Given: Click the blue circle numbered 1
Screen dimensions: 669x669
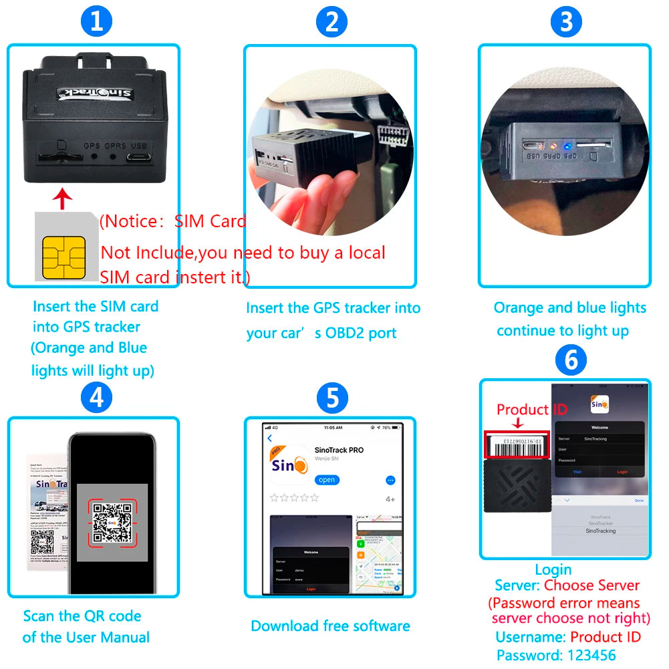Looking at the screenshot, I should coord(96,22).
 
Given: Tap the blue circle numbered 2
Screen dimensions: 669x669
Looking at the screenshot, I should coord(331,22).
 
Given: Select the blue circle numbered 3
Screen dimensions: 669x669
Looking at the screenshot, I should coord(566,22).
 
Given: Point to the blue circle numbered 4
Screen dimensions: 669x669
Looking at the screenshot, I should coord(96,398).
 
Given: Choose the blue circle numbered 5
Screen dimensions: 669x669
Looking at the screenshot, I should coord(331,399).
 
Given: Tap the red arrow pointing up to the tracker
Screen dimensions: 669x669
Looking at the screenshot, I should coord(61,198).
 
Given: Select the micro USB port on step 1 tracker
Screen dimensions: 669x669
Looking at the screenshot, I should coord(140,158).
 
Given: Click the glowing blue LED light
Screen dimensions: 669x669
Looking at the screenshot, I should coord(565,145).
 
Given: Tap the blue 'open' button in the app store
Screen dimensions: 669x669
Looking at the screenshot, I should coord(327,480).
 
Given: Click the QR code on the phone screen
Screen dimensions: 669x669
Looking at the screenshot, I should coord(110,522).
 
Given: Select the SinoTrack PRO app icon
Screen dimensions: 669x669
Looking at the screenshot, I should coord(289,462).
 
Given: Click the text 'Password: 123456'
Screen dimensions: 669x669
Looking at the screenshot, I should coord(555,655).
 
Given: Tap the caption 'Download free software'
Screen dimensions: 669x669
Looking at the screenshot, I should coord(330,626).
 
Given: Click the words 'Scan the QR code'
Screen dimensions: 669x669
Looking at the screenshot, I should coord(82,616).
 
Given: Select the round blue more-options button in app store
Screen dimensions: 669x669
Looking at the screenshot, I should coord(391,480).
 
